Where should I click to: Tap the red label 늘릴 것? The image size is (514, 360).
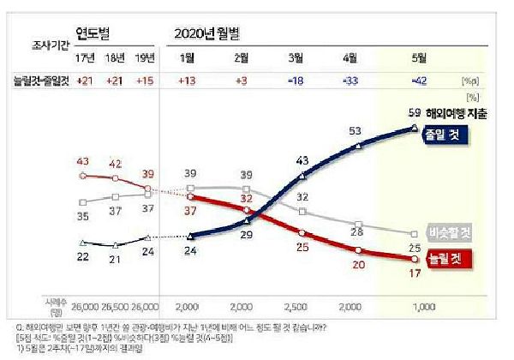tap(448, 256)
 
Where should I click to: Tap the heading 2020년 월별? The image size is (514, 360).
tap(207, 33)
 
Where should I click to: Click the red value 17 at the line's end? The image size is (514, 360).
tap(414, 273)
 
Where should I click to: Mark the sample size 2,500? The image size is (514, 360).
tap(297, 305)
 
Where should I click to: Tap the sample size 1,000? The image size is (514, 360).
tap(417, 305)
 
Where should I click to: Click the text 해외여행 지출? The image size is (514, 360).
tap(458, 114)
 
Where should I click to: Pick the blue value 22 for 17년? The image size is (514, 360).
tap(83, 256)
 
